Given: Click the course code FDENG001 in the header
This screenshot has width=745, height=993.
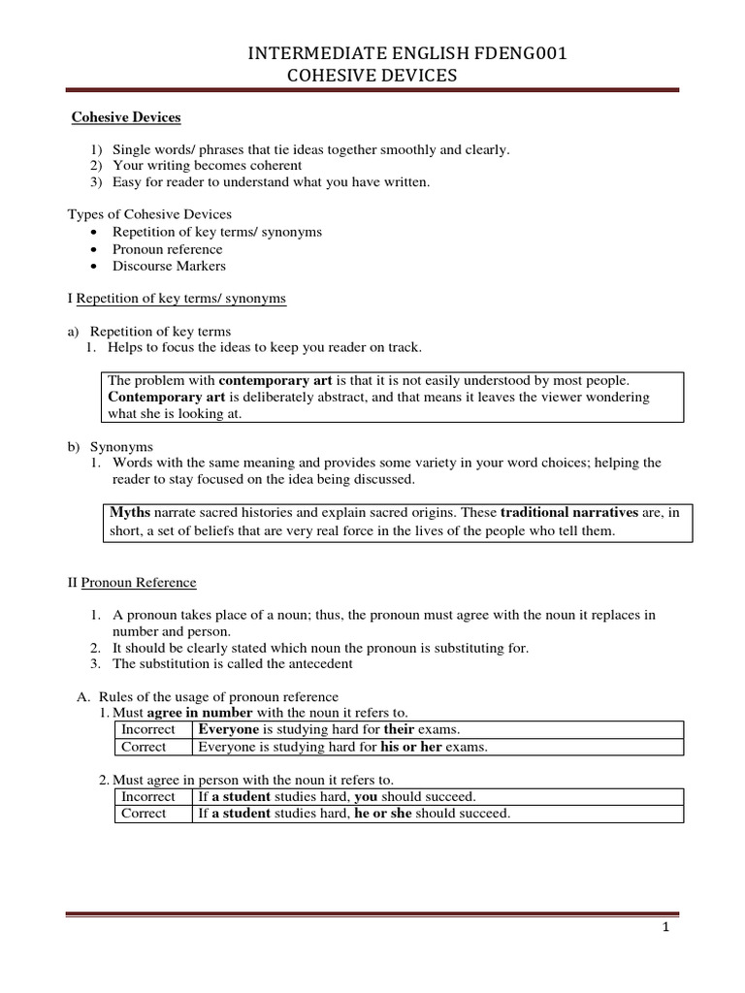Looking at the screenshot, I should coord(521,55).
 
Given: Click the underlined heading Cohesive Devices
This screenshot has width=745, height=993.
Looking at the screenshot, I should coord(127,117).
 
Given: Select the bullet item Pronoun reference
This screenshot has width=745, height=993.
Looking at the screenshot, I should coord(167,249).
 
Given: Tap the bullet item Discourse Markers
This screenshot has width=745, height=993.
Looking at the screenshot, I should coord(169,266).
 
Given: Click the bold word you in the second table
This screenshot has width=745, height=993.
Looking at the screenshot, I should coord(366,796).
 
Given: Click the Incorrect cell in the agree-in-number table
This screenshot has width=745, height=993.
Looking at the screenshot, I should coord(148,729).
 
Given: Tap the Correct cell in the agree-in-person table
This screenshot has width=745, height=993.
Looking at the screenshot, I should coord(144,814).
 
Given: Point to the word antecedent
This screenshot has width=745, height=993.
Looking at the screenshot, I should coord(318,663).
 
